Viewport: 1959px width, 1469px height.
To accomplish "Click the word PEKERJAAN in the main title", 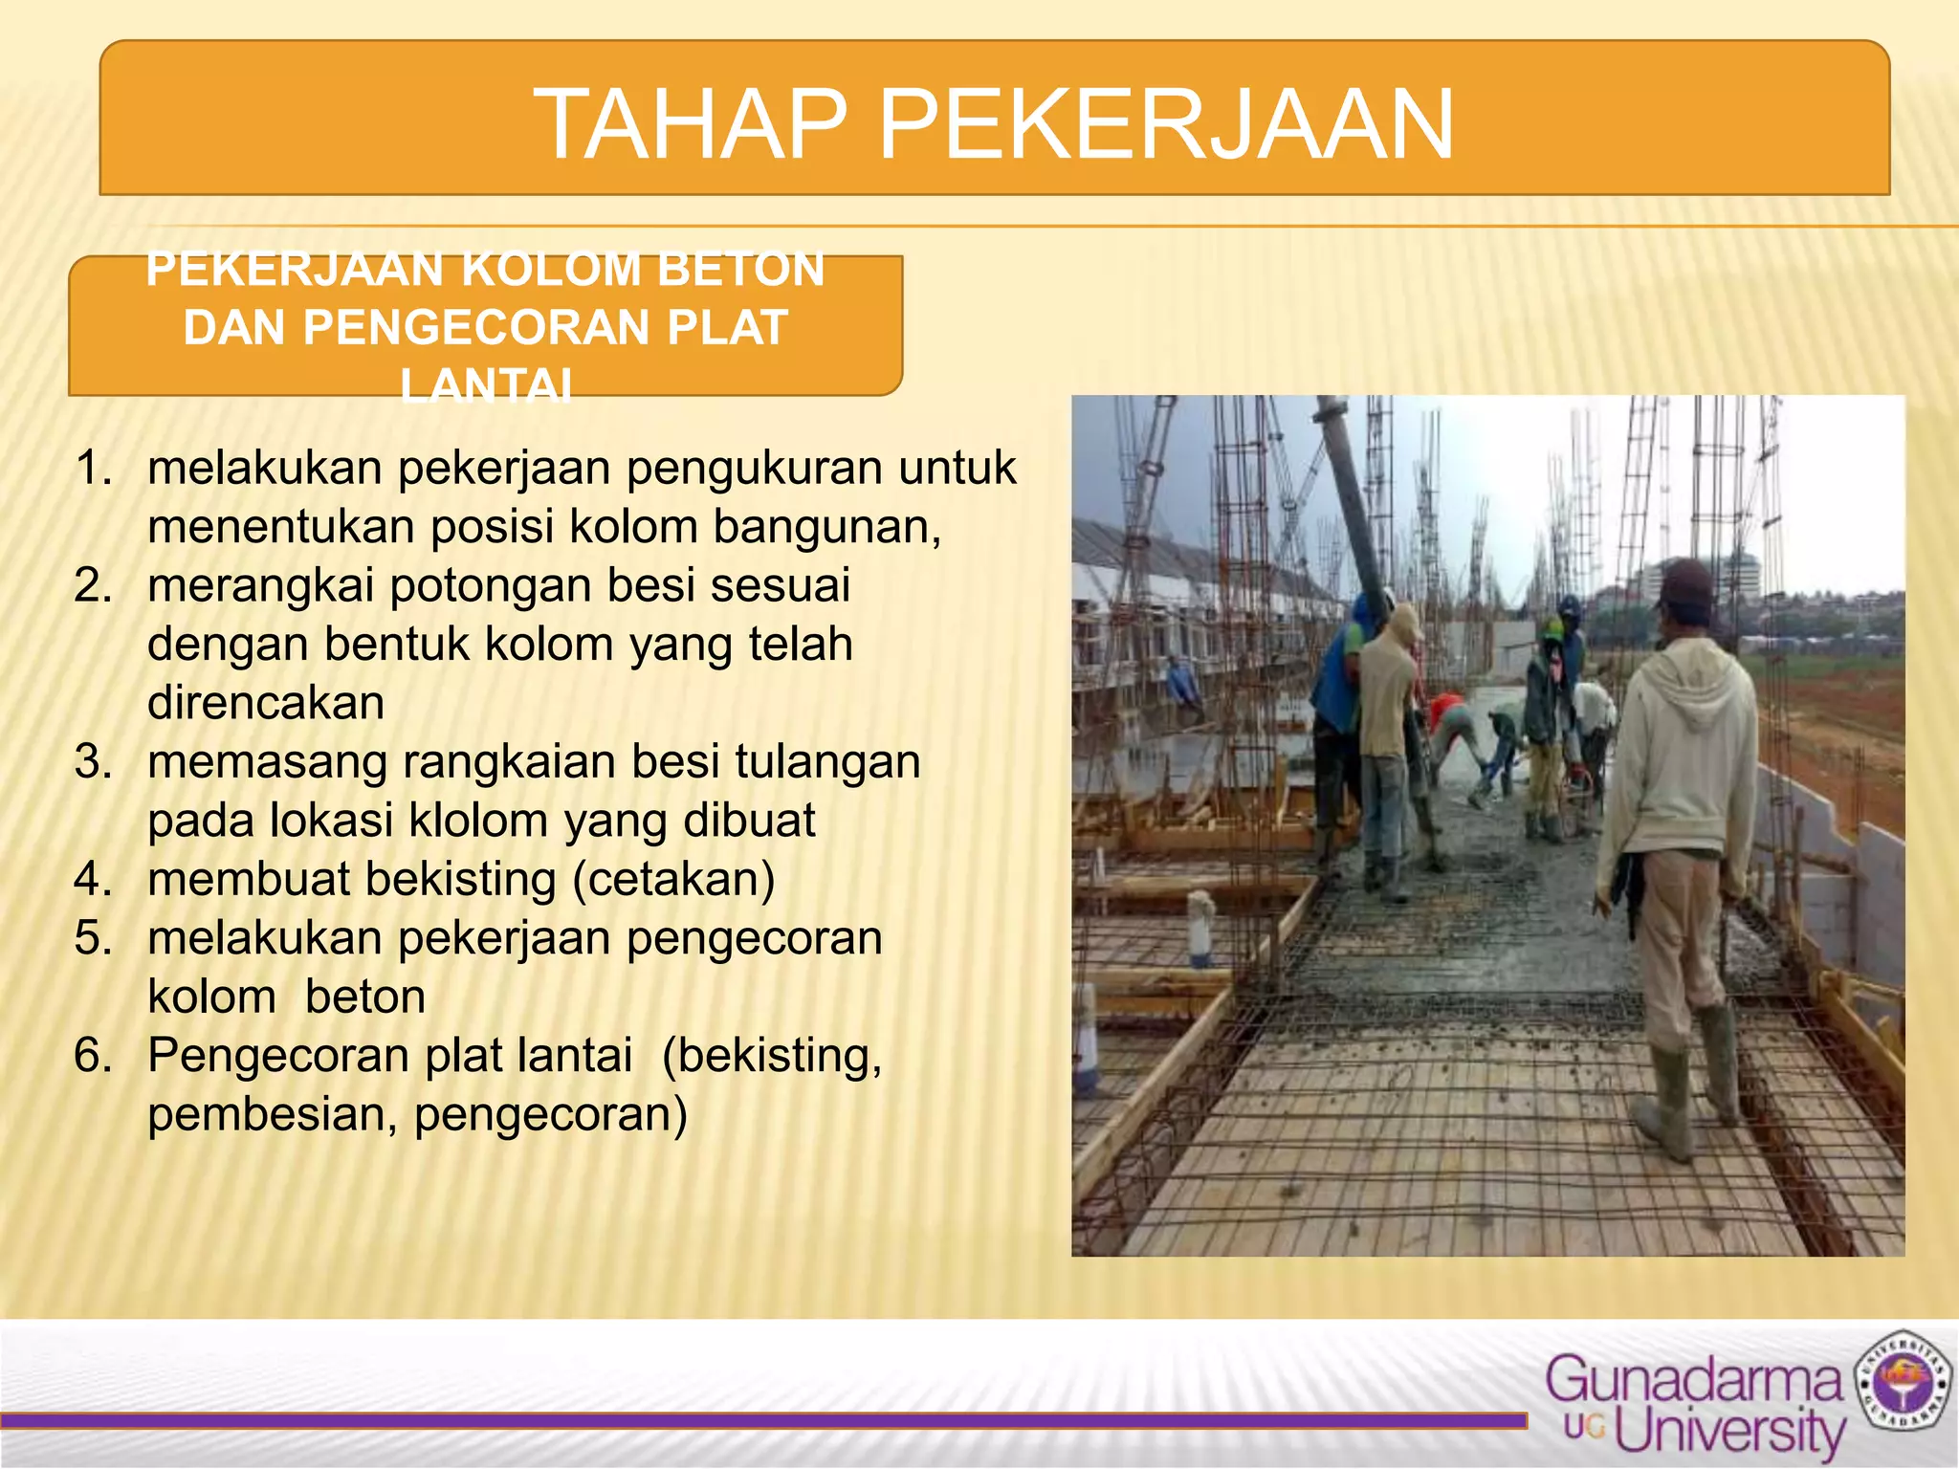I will (x=1166, y=125).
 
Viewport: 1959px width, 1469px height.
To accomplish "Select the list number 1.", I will (x=94, y=469).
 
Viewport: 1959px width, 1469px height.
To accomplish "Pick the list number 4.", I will (x=94, y=879).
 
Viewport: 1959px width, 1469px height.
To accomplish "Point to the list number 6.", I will (x=94, y=1056).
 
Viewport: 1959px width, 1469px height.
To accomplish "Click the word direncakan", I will (x=266, y=703).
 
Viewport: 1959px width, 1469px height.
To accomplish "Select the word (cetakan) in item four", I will (x=673, y=879).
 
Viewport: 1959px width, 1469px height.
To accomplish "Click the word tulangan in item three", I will (x=827, y=762).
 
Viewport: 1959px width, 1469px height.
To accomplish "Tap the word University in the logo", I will (x=1731, y=1431).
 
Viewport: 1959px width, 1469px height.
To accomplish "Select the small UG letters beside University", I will (x=1584, y=1428).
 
